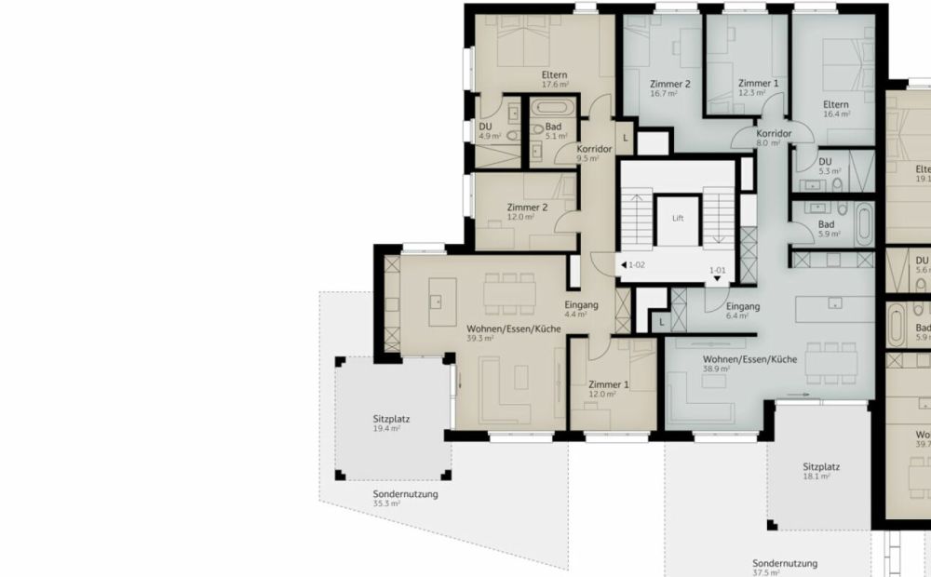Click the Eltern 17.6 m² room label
[555, 79]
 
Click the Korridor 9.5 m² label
[594, 154]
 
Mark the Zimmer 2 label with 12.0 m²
[526, 211]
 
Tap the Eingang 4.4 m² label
[581, 310]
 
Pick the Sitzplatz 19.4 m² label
[391, 423]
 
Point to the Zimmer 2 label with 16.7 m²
[669, 88]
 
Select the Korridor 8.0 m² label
[774, 139]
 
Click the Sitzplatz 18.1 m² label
[821, 472]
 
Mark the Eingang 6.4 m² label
[743, 311]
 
